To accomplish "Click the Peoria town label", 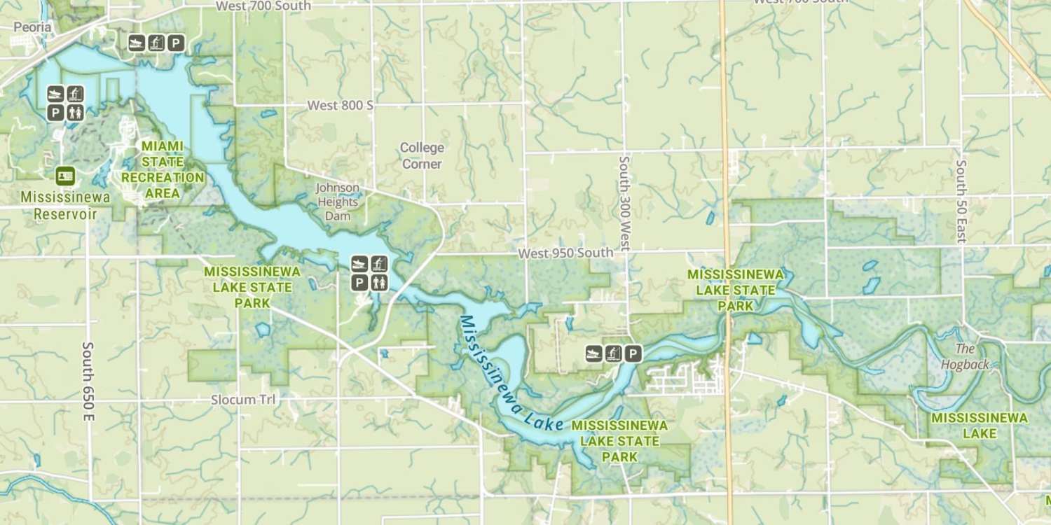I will [x=32, y=27].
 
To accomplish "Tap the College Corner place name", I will [x=422, y=155].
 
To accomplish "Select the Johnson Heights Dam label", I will [x=338, y=202].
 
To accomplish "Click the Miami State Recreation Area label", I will [x=163, y=169].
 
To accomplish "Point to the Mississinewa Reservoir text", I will [x=65, y=205].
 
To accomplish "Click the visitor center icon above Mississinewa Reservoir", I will [x=66, y=176].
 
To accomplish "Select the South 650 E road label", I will [x=88, y=381].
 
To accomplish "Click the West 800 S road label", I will [x=341, y=105].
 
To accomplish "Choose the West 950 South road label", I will [x=565, y=253].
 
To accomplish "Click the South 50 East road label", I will [x=961, y=202].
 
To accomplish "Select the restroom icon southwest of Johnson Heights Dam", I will [x=379, y=282].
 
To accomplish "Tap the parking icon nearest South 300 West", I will [x=633, y=353].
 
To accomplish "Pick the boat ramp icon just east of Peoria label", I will [x=136, y=43].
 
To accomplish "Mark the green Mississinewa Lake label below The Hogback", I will [x=979, y=426].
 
